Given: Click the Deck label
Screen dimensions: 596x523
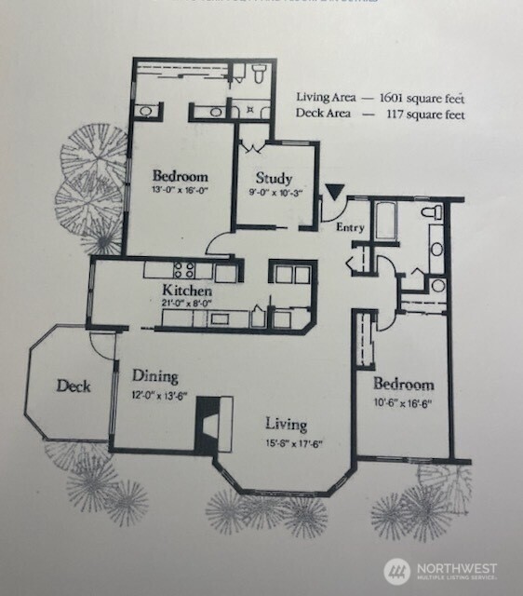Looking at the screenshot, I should [73, 386].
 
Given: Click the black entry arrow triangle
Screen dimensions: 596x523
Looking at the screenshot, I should [334, 193].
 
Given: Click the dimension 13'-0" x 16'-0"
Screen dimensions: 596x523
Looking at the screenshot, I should [180, 191].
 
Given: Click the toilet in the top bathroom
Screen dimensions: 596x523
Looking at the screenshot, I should [257, 72].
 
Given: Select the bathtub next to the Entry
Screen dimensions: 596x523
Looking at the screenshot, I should [384, 223].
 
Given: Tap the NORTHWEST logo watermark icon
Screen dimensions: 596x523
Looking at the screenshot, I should [397, 570].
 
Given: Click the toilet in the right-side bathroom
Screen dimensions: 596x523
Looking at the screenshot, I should [431, 213].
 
